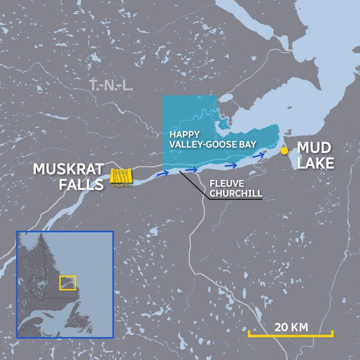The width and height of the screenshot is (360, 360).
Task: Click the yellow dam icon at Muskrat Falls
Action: (x=122, y=176)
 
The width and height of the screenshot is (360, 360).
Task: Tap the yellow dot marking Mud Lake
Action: (x=284, y=150)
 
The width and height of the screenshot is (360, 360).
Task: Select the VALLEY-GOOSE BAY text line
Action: (x=212, y=145)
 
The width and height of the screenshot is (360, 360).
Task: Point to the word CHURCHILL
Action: (x=236, y=194)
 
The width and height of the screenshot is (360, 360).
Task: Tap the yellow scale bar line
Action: (x=291, y=335)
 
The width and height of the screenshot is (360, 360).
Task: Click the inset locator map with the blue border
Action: (x=65, y=284)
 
